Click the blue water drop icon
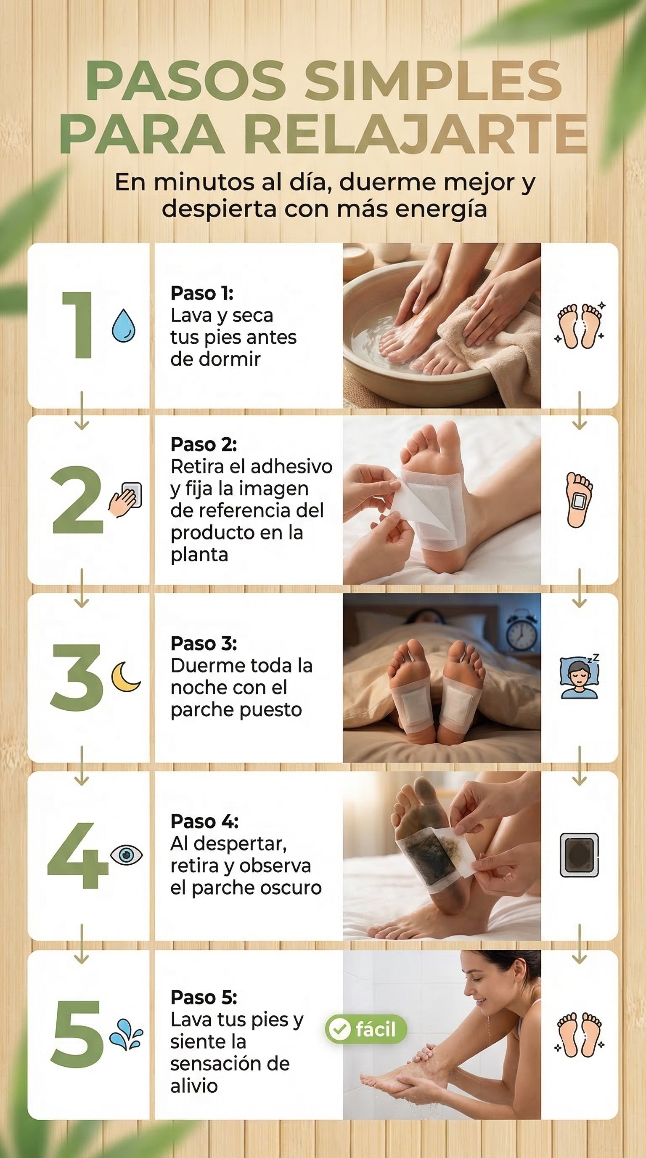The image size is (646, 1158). point(124,325)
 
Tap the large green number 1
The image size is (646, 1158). point(79,324)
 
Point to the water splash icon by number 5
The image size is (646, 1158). point(126,1034)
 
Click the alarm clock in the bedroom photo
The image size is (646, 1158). point(521,631)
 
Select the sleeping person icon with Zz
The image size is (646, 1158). point(580,676)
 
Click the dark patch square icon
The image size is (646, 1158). point(579,855)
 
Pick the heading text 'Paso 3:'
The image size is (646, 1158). point(204,643)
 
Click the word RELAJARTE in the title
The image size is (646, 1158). point(416,134)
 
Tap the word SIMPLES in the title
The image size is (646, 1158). point(434,80)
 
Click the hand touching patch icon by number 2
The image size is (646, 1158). point(125,499)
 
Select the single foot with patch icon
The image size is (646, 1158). point(579,499)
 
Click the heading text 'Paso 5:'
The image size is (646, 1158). point(204,998)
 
